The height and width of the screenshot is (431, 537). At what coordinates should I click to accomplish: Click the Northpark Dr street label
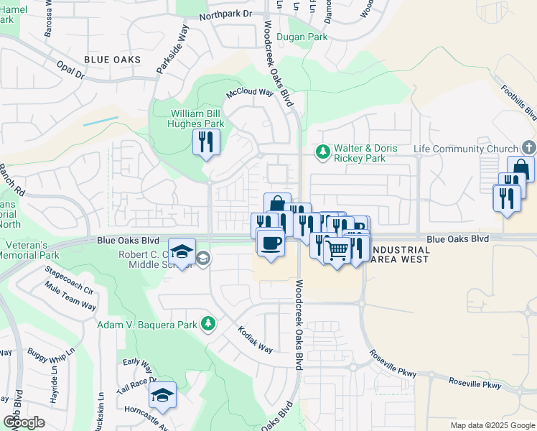pos(226,14)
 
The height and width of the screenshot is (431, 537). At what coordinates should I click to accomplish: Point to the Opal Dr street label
pos(70,70)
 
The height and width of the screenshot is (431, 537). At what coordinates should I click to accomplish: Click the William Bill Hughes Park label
pos(197,119)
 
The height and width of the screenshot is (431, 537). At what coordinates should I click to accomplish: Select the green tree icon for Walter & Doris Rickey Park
pos(323,152)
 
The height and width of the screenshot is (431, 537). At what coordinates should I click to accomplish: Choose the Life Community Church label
pos(466,149)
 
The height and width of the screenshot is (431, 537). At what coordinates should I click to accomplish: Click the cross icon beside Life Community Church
pos(528,148)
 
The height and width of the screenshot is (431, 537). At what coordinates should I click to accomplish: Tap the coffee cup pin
pos(270,243)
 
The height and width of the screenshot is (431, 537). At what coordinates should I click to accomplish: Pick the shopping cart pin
pos(337,251)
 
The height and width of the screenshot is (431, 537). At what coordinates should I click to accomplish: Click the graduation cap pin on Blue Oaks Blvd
pos(182,252)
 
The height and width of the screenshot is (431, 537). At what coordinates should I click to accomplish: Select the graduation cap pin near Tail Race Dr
pos(163,394)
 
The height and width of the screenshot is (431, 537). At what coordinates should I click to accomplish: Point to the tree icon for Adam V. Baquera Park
pos(207,325)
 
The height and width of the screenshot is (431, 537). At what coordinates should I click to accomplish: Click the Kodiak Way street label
pos(256,339)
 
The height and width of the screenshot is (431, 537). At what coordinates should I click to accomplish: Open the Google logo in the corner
pos(24,422)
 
